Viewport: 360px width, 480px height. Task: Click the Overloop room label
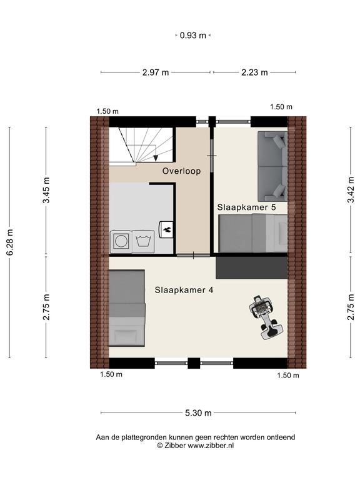tap(181, 171)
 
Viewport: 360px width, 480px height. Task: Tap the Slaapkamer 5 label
tap(246, 207)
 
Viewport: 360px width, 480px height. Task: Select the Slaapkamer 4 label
tap(184, 290)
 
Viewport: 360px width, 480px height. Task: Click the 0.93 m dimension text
tap(193, 36)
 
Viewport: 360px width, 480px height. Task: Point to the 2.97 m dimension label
tap(156, 72)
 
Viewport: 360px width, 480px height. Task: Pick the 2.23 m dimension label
tap(254, 72)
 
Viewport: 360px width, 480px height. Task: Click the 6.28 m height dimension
tap(10, 242)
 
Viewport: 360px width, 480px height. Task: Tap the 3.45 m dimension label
tap(46, 190)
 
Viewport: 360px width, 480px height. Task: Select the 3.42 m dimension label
tap(351, 189)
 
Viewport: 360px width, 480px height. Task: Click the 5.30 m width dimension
tap(198, 413)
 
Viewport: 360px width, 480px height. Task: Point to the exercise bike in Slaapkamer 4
tap(265, 317)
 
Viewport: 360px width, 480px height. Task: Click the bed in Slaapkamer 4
tap(127, 308)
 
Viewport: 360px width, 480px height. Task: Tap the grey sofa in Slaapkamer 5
tap(272, 166)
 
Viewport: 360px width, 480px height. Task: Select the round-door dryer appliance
tap(121, 241)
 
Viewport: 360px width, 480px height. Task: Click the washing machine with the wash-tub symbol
tap(143, 241)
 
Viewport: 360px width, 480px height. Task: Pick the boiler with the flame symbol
tap(166, 229)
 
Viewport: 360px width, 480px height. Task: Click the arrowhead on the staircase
tap(156, 158)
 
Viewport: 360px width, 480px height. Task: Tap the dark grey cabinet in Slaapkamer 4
tap(252, 268)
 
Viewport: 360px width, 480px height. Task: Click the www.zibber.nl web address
tap(210, 446)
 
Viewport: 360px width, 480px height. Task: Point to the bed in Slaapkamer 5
tap(253, 233)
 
